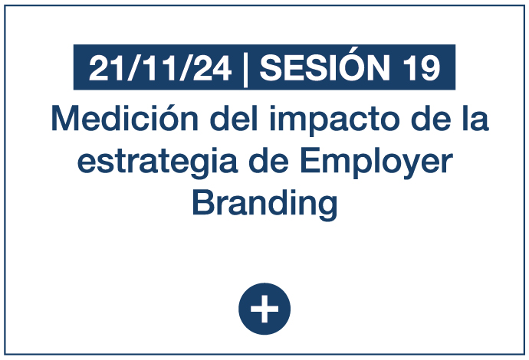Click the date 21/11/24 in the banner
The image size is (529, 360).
tap(160, 68)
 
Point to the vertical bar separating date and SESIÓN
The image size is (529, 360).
tap(245, 70)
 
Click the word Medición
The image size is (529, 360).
tap(124, 118)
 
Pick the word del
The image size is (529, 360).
tap(234, 118)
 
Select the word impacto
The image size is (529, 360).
tap(334, 121)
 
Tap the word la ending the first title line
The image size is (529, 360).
tap(475, 118)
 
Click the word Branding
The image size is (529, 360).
tap(264, 205)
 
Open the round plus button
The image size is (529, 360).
tap(264, 309)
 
